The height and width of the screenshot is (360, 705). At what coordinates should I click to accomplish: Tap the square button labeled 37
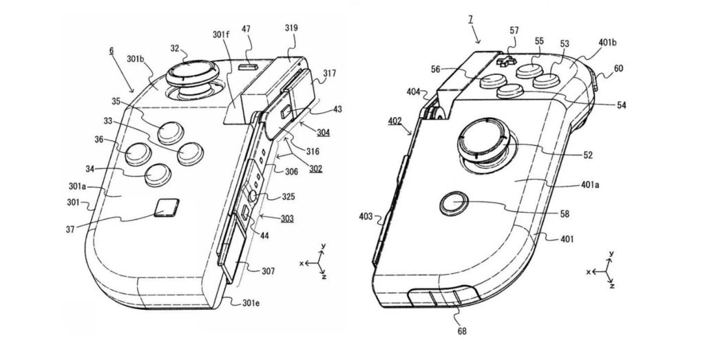pos(166,207)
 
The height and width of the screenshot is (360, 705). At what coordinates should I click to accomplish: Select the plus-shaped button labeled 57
pos(506,60)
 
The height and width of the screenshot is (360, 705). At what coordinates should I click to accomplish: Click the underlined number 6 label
pos(112,51)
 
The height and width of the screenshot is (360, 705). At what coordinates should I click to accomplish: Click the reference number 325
pos(289,198)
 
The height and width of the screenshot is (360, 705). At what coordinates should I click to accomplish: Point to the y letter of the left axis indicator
pos(321,246)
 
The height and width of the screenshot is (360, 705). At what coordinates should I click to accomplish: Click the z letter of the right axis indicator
pos(612,285)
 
